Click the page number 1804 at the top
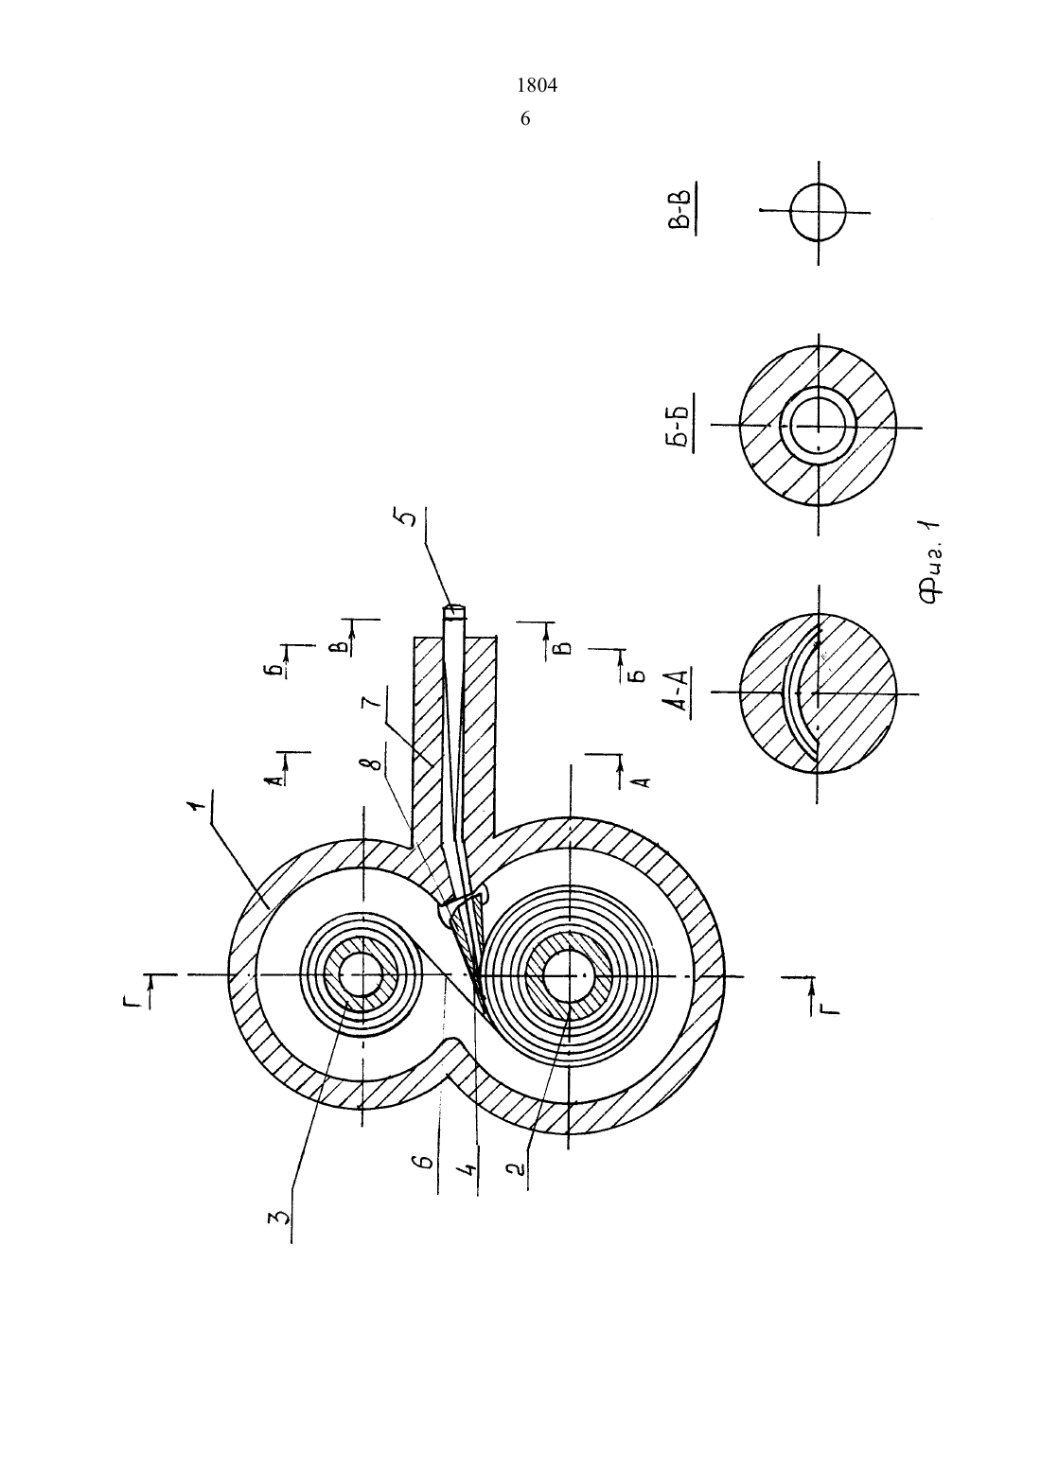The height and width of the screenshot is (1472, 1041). (x=537, y=85)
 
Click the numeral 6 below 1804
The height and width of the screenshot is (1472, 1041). (x=525, y=119)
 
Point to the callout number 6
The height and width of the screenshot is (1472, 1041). (x=427, y=1163)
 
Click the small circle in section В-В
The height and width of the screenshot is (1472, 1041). (x=818, y=212)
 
